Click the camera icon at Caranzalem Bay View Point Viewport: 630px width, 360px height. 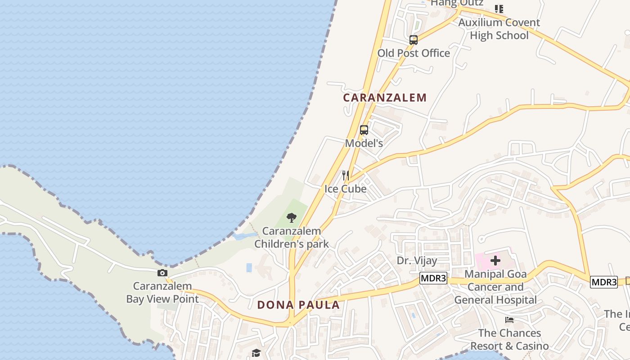click(x=162, y=273)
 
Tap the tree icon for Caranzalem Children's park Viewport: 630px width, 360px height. click(x=292, y=218)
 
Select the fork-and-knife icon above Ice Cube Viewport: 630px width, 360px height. click(x=346, y=175)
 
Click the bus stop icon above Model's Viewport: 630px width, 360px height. click(x=364, y=130)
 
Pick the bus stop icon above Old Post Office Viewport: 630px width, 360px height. click(x=414, y=40)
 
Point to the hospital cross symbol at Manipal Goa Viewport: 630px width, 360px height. click(x=495, y=260)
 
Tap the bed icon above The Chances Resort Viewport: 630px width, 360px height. click(x=509, y=320)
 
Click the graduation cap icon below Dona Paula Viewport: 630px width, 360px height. click(x=256, y=353)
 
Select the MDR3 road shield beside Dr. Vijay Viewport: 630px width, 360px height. click(x=433, y=279)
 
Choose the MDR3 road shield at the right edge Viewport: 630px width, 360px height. click(x=604, y=282)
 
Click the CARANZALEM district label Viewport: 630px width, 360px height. click(x=385, y=98)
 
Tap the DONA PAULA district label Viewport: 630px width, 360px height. click(x=298, y=305)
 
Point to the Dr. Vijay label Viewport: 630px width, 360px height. click(x=417, y=261)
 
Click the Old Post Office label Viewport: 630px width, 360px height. click(x=414, y=53)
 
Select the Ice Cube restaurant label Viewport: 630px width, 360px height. click(x=346, y=189)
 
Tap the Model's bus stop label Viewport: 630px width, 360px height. click(x=364, y=143)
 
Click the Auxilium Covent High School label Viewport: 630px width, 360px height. click(x=499, y=29)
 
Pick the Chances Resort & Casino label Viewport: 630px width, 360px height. click(x=509, y=339)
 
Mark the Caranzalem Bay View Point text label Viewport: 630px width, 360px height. click(x=162, y=292)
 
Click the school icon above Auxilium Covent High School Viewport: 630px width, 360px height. click(x=499, y=9)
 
